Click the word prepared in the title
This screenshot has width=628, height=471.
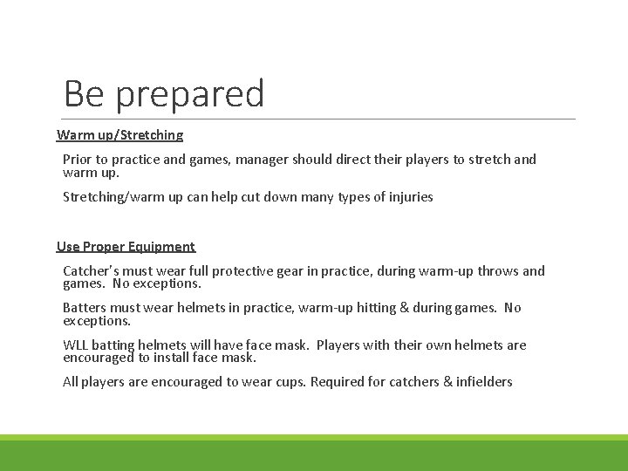pos(190,94)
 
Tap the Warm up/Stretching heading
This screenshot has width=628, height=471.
pos(120,135)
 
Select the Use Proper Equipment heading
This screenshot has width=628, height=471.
pos(126,247)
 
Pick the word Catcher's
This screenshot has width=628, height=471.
pos(92,271)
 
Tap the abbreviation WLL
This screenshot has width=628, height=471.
pos(75,345)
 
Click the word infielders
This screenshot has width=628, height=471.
pos(484,382)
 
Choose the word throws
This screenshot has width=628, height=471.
pos(497,271)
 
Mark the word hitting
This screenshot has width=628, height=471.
pos(347,308)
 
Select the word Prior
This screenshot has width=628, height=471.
pos(78,160)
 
